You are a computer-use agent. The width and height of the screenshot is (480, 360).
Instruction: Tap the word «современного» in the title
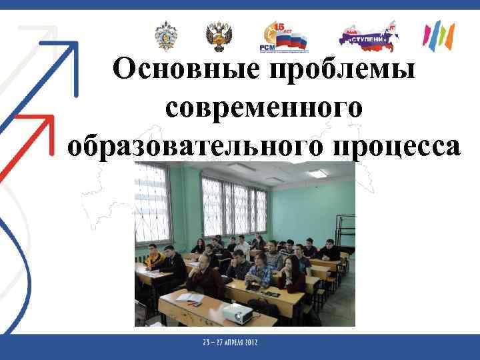(263, 108)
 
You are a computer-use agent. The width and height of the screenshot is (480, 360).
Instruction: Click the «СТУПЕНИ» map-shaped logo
(369, 37)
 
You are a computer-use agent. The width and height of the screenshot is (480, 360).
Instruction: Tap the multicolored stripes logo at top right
(439, 36)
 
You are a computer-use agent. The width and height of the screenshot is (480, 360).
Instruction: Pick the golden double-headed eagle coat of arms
(218, 36)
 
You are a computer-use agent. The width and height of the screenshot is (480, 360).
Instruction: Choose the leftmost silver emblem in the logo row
(165, 36)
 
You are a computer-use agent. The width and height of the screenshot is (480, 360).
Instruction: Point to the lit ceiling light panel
(317, 173)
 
